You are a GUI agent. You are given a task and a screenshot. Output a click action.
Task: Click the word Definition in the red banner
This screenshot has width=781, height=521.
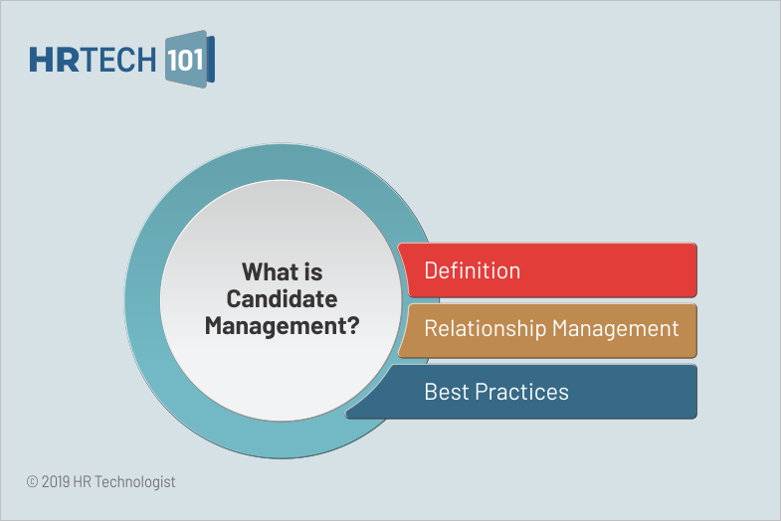(473, 270)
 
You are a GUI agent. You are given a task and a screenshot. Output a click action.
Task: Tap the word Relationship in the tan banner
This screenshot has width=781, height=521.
(486, 329)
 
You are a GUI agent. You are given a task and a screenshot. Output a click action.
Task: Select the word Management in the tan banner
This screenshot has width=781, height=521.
(616, 329)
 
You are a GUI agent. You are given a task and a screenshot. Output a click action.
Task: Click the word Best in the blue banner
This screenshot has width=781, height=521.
(447, 392)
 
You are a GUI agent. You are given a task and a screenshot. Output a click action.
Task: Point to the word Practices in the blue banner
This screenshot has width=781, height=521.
(522, 392)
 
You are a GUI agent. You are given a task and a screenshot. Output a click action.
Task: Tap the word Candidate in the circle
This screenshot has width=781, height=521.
(282, 299)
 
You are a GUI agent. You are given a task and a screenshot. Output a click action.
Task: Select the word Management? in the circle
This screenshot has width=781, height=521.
(282, 326)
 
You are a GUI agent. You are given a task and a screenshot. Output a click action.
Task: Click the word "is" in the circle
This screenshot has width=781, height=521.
(312, 272)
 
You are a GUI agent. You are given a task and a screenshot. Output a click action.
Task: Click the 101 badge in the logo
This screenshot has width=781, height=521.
(186, 60)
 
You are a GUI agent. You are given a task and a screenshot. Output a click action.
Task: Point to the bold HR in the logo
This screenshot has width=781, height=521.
(54, 60)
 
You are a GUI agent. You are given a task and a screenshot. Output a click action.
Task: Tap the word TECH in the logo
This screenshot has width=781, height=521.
(117, 60)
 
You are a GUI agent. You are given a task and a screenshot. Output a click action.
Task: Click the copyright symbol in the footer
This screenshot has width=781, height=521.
(32, 481)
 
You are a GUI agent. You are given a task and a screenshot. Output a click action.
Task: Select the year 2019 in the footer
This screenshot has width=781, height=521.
(56, 481)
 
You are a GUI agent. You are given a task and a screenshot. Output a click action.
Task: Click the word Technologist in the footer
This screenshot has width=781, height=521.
(135, 482)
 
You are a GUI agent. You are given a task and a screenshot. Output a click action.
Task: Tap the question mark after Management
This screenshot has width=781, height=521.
(352, 326)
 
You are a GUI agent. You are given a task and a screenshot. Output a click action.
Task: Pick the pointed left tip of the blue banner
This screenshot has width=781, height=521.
(346, 414)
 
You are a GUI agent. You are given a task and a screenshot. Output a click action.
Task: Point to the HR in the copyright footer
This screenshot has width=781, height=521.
(82, 481)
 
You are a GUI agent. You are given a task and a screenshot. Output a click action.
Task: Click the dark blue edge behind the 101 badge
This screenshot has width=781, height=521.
(211, 59)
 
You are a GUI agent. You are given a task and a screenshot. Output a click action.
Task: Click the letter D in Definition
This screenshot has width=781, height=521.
(431, 270)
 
